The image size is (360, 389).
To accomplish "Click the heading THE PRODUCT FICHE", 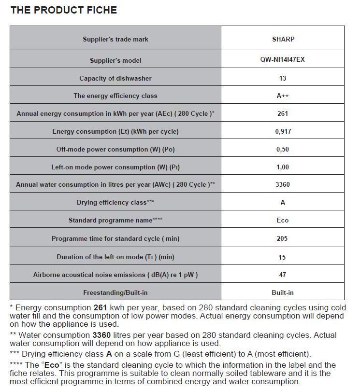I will point(63,10).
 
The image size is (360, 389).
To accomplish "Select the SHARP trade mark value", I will point(283,39).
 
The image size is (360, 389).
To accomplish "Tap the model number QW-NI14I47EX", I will point(283,60).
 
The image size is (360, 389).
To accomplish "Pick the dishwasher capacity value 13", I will point(283,78).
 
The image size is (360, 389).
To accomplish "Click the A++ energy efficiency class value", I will point(283,96).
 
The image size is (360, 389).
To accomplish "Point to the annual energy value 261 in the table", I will point(283,113).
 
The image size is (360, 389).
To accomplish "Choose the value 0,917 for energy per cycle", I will point(283,131).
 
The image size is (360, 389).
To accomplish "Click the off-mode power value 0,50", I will point(283,149).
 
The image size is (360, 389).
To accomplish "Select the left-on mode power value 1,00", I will point(283,167).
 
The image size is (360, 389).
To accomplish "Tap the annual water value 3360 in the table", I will point(283,184).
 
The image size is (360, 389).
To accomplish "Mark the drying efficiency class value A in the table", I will point(283,202).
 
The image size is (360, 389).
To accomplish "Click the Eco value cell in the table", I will point(283,220).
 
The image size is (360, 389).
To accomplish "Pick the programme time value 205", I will point(283,238).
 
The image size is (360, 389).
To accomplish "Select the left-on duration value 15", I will point(283,257).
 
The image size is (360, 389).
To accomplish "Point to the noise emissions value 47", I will point(283,275).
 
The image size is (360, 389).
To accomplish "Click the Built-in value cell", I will point(283,292).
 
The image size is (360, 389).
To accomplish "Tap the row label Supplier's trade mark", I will point(115,39).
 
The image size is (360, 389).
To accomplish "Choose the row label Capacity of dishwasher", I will point(115,78).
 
